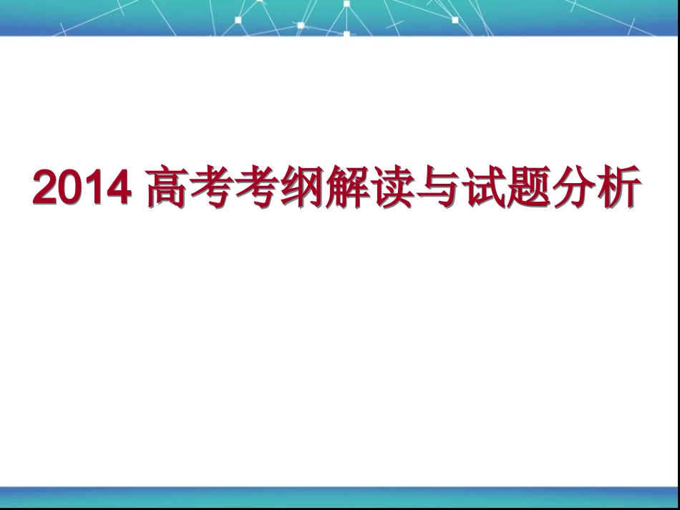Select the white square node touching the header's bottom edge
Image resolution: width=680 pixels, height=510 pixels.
coord(346,33)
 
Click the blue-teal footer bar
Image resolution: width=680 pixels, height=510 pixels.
coord(340,496)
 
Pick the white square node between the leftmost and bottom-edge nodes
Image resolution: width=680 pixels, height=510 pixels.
coord(301,25)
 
